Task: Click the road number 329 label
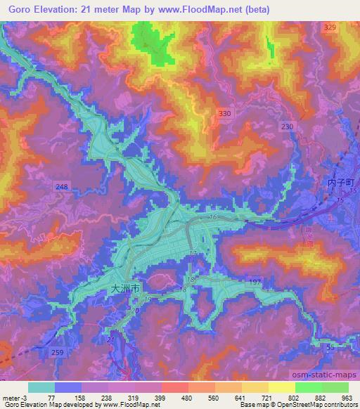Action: pyautogui.click(x=330, y=27)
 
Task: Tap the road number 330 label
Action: pyautogui.click(x=224, y=112)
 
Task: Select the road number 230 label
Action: pyautogui.click(x=287, y=126)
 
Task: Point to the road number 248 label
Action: pyautogui.click(x=62, y=186)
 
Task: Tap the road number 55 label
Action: pyautogui.click(x=330, y=347)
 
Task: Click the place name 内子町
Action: pyautogui.click(x=342, y=182)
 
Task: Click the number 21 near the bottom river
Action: pyautogui.click(x=110, y=339)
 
